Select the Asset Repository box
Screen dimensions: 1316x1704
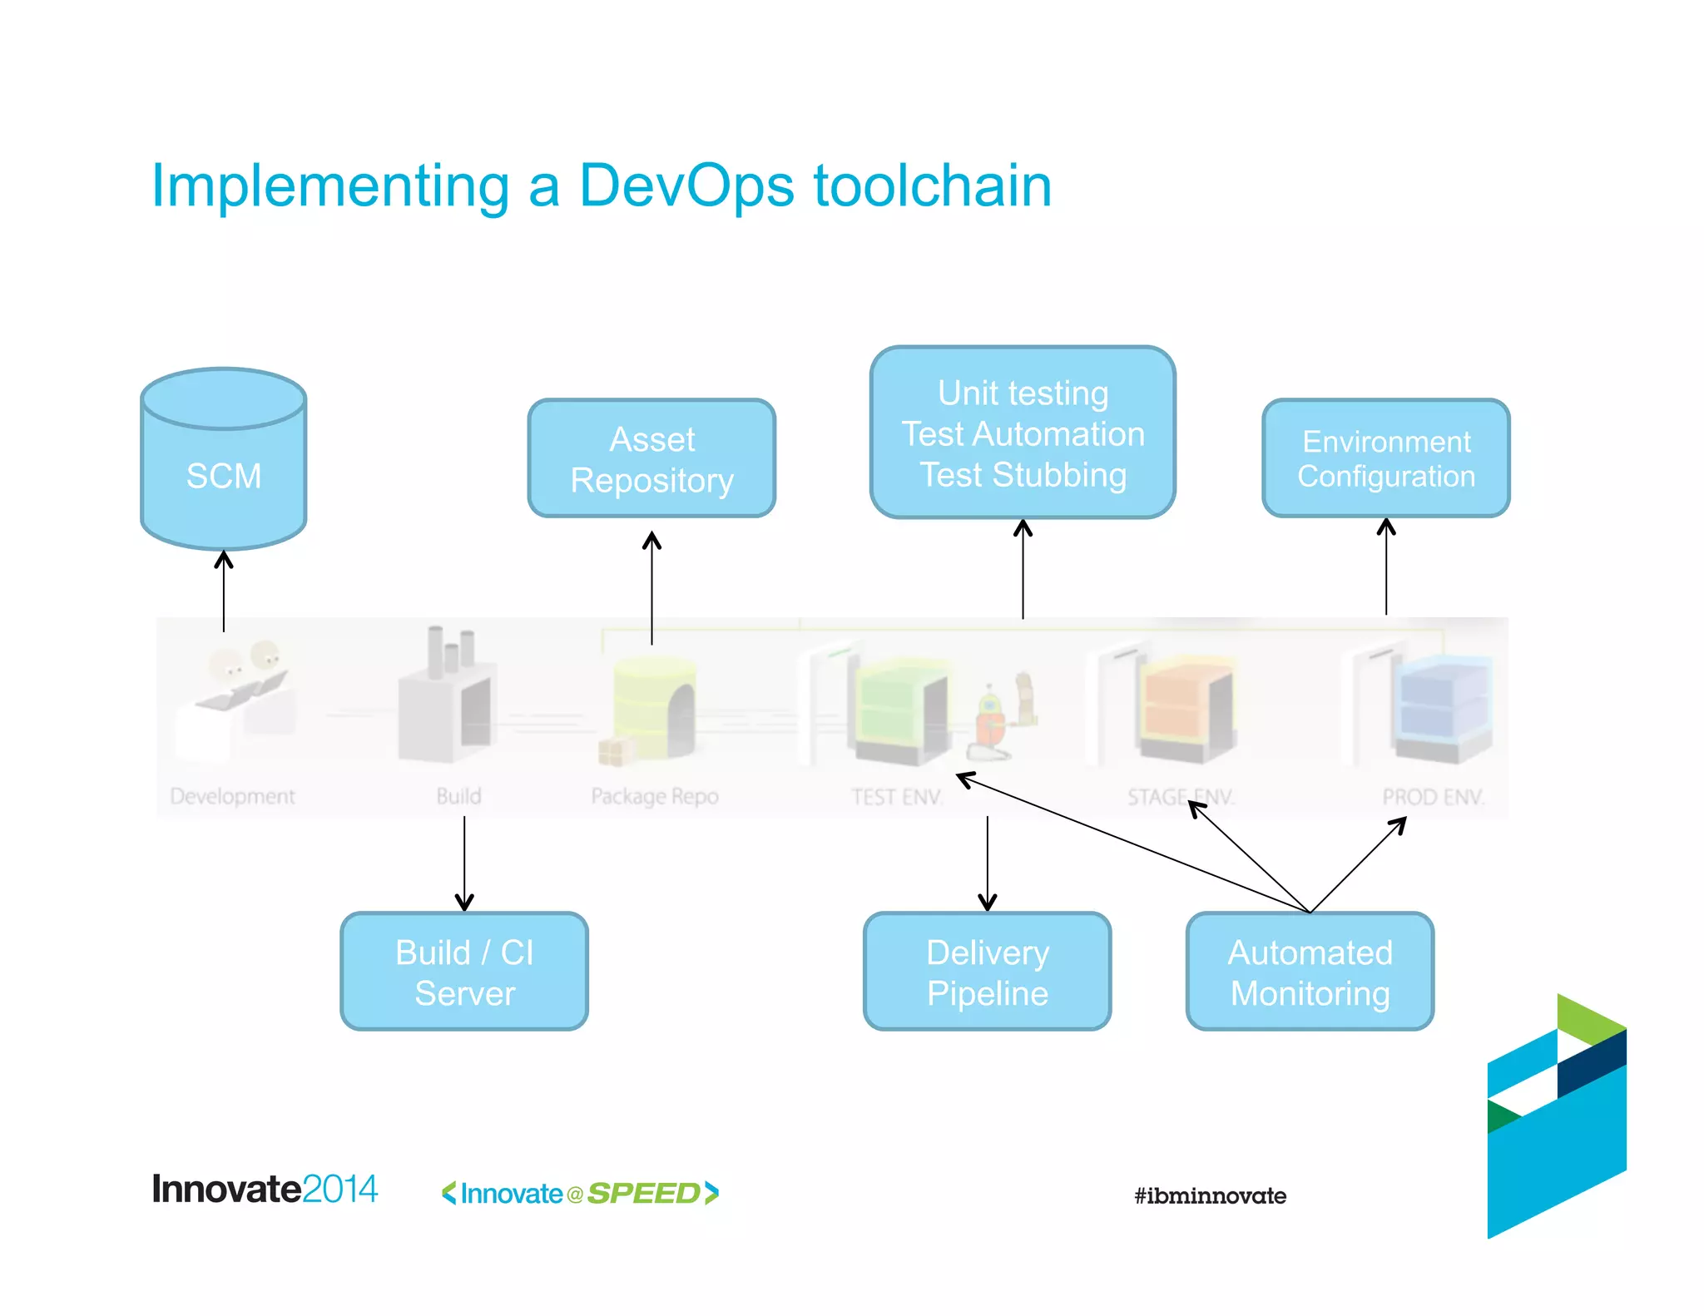click(x=651, y=458)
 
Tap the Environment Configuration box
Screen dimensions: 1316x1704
click(x=1385, y=458)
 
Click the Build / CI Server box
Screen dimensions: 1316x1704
click(x=464, y=972)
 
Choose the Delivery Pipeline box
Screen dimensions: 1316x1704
click(x=987, y=972)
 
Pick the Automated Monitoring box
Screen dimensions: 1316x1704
click(x=1310, y=972)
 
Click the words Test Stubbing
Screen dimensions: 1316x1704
click(x=1023, y=475)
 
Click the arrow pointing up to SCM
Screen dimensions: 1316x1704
click(x=223, y=591)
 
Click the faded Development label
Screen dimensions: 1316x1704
click(x=232, y=796)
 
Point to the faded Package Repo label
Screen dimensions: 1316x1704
click(x=655, y=796)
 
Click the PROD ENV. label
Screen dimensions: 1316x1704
click(x=1433, y=797)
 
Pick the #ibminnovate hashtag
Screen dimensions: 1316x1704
click(x=1210, y=1196)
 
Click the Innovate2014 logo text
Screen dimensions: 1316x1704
click(x=265, y=1190)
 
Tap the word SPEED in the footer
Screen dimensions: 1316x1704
click(x=644, y=1194)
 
